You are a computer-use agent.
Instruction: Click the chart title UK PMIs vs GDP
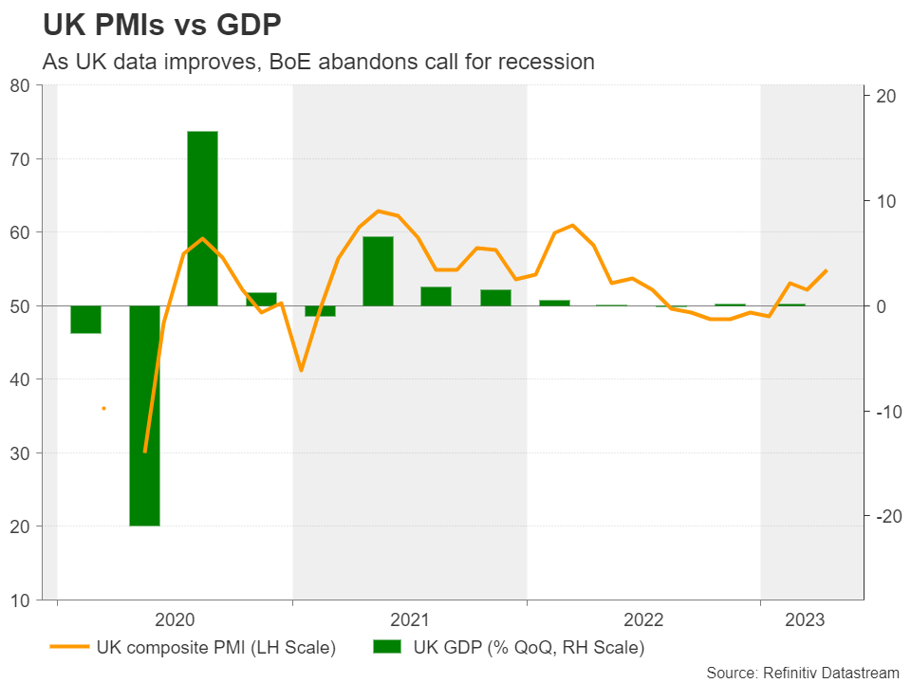(162, 25)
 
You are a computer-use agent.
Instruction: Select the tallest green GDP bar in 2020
(202, 218)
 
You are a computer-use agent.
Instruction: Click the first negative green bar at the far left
(85, 320)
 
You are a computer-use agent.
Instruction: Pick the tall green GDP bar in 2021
(378, 271)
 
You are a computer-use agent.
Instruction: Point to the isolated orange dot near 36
(103, 408)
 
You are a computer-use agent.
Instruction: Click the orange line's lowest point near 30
(145, 452)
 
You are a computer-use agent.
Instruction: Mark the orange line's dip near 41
(301, 370)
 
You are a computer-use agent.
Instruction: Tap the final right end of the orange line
(827, 270)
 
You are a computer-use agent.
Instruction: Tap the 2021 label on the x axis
(410, 620)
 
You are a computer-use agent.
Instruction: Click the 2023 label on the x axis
(805, 620)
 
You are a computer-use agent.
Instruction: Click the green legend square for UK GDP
(388, 648)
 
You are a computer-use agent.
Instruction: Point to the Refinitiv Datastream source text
(802, 672)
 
